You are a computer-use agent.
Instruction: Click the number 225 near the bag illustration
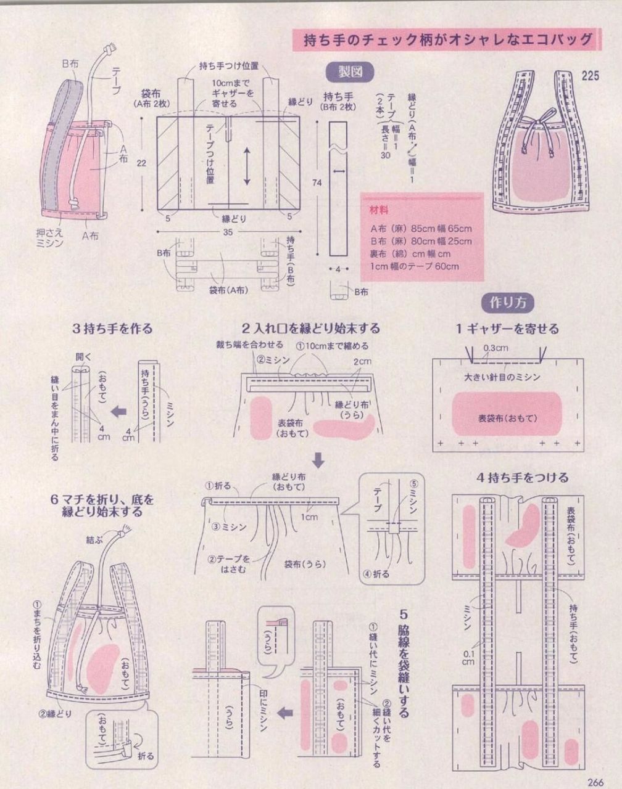pos(591,76)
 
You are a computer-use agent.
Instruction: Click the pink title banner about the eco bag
pos(444,40)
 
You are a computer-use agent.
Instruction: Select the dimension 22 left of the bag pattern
pos(142,163)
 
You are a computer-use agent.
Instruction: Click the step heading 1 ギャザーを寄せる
pos(507,329)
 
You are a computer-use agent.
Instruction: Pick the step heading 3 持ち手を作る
pos(112,329)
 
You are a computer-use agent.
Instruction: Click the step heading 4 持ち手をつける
pos(522,477)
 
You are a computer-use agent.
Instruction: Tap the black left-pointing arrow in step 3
pos(118,411)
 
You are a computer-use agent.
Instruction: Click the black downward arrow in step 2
pos(319,459)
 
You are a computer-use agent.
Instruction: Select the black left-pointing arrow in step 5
pos(284,713)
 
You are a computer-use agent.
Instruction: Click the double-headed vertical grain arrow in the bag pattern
pos(247,166)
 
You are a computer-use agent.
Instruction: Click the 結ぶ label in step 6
pos(94,540)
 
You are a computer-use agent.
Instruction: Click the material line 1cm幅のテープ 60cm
pos(414,266)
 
